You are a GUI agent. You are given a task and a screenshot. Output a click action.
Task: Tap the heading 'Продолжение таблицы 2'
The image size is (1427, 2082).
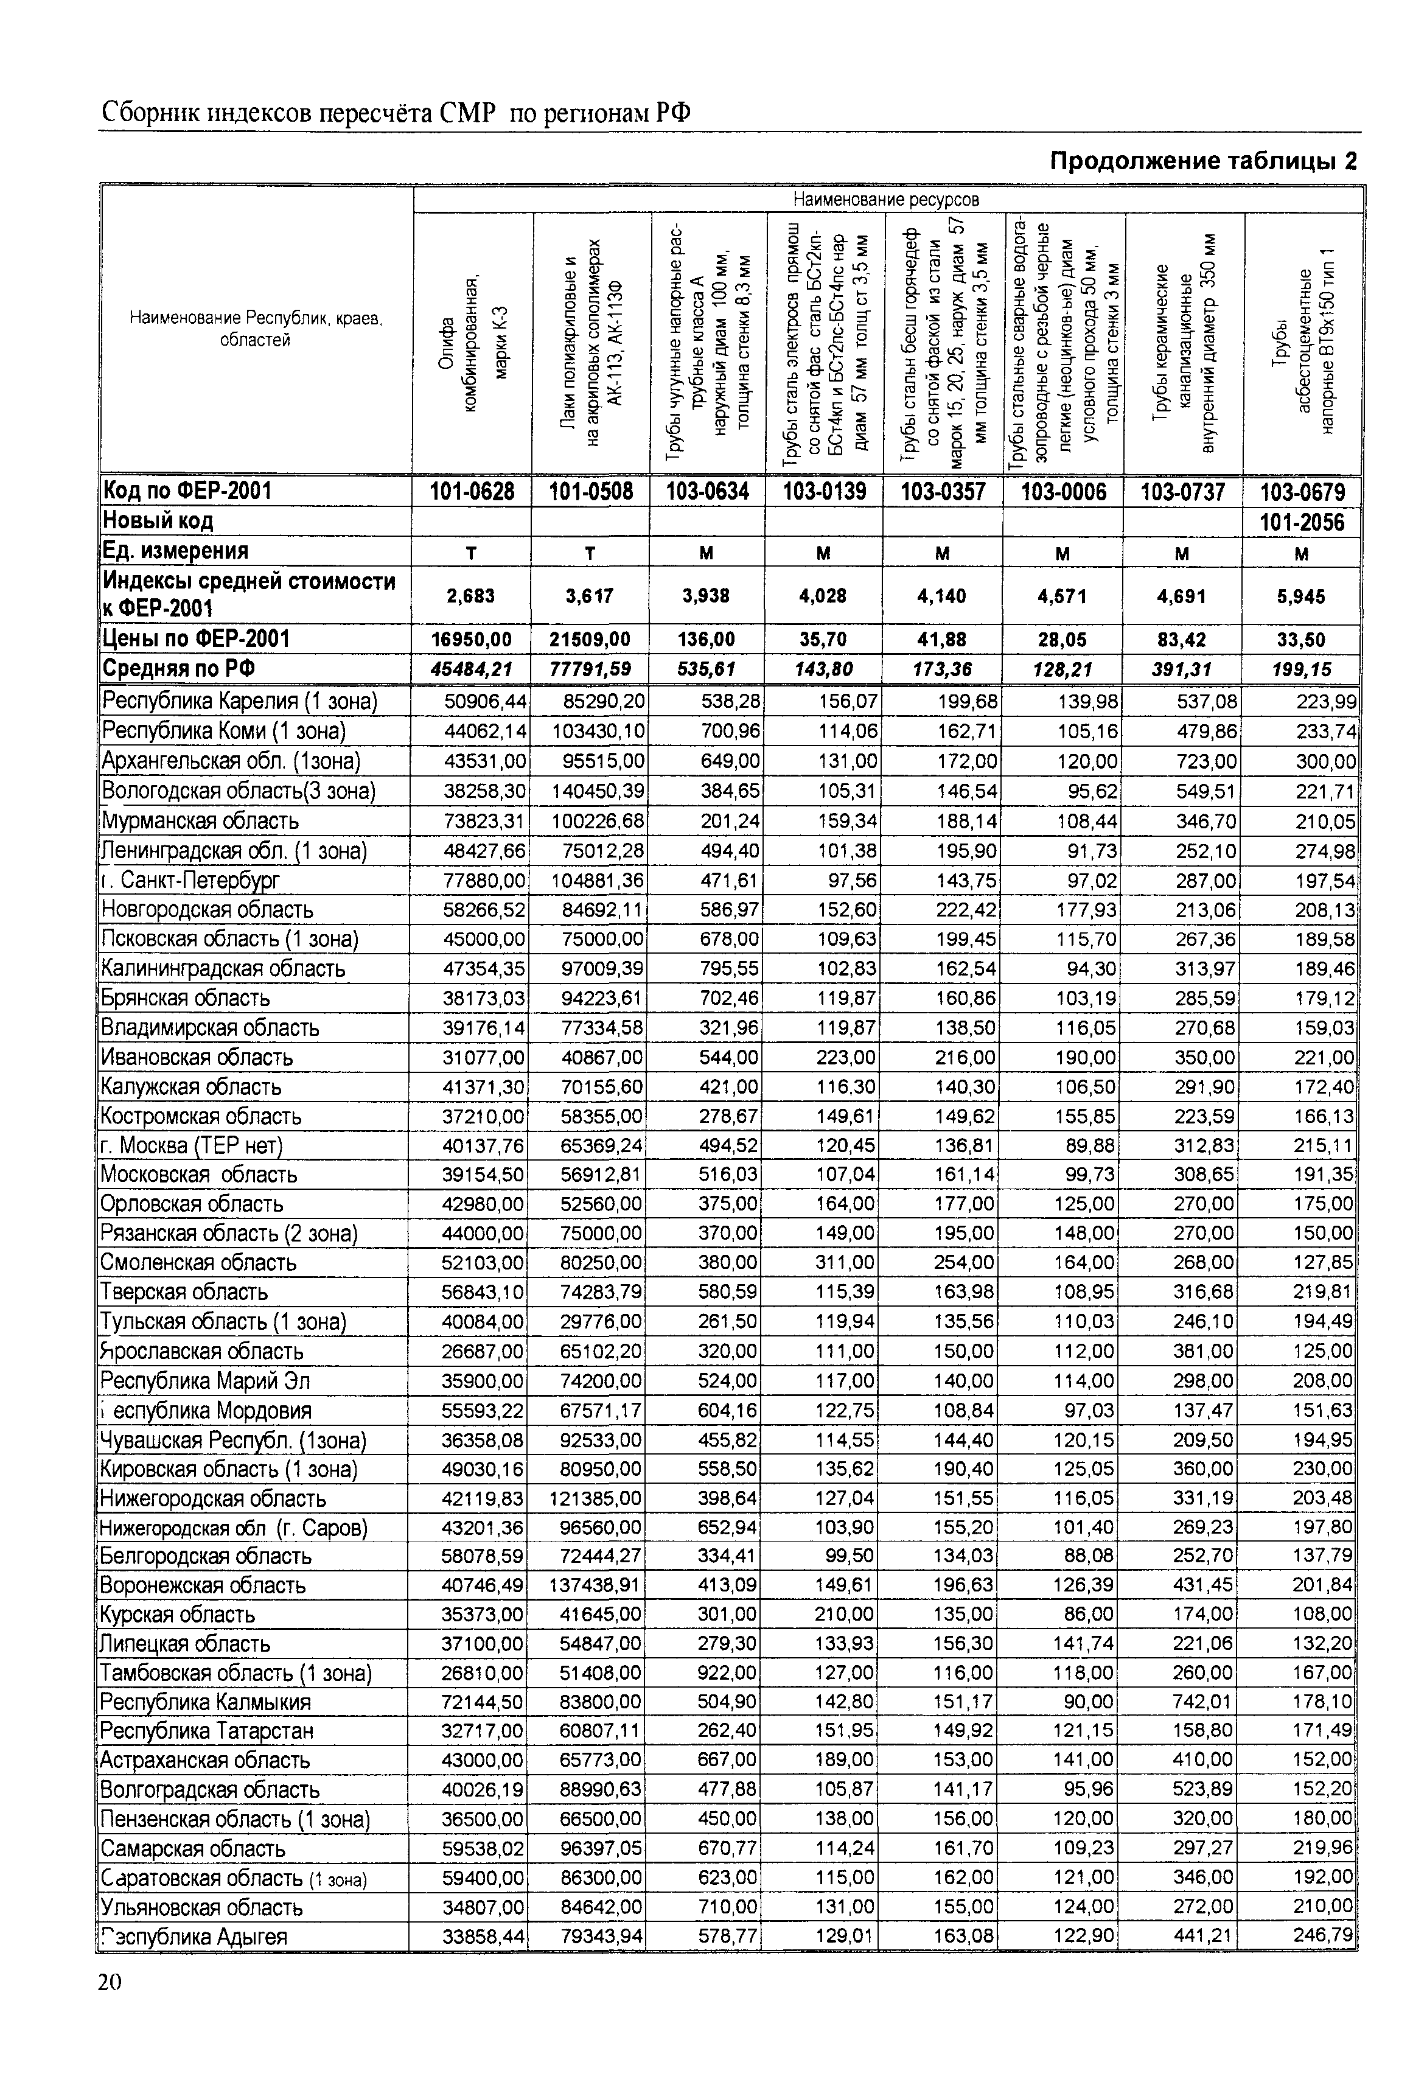pyautogui.click(x=1202, y=161)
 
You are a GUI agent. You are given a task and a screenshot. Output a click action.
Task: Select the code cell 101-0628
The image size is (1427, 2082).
pyautogui.click(x=472, y=491)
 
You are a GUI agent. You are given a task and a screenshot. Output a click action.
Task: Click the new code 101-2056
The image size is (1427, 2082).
pyautogui.click(x=1302, y=522)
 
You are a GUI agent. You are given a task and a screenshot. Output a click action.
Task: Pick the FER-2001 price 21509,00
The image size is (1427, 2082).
pyautogui.click(x=590, y=640)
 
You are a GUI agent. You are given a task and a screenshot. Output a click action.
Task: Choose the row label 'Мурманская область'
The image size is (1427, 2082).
pyautogui.click(x=200, y=820)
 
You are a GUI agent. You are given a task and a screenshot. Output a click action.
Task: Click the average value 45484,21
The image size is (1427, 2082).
pyautogui.click(x=473, y=669)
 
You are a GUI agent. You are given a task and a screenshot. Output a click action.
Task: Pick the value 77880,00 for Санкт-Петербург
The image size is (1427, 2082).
pyautogui.click(x=484, y=880)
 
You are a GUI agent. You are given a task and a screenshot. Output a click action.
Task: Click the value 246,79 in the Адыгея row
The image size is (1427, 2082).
pyautogui.click(x=1324, y=1936)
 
